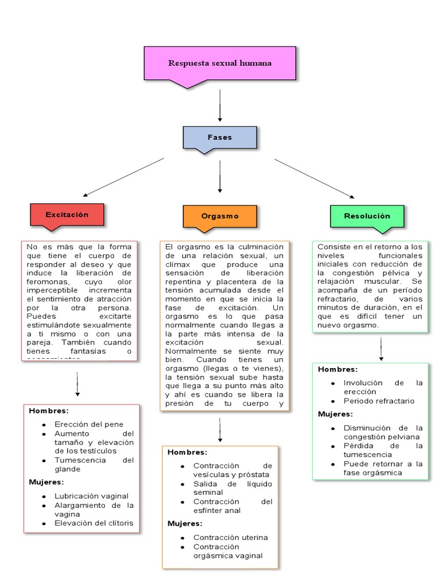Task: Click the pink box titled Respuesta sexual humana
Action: [x=219, y=63]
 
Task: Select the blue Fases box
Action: [x=219, y=138]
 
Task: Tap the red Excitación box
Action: [x=67, y=214]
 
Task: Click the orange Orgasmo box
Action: [x=220, y=216]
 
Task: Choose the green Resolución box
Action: [x=367, y=216]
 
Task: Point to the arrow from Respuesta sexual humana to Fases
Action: [x=220, y=106]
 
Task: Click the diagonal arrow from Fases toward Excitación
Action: [x=123, y=177]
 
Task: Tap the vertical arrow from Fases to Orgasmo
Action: [x=220, y=176]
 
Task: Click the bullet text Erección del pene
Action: [x=89, y=424]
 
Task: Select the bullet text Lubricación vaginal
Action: [x=92, y=496]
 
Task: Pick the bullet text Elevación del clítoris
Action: [x=94, y=523]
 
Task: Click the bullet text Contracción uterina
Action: [x=230, y=537]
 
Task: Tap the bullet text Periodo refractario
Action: [x=379, y=401]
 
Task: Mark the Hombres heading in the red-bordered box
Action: [x=49, y=411]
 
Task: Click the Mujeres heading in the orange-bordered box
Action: [x=185, y=523]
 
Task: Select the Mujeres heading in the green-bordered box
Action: [x=335, y=414]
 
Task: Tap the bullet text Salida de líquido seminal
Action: [x=233, y=488]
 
